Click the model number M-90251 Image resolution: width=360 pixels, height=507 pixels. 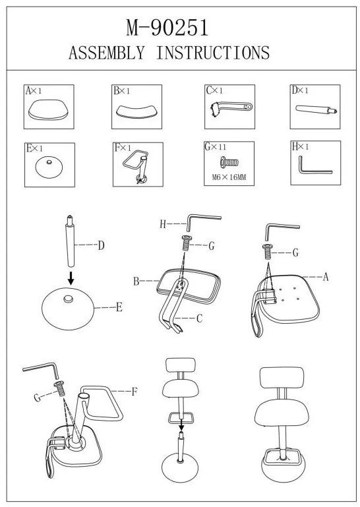pos(167,28)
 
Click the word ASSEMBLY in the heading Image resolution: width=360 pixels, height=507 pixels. pos(107,53)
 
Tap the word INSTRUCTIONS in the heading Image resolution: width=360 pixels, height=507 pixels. pos(213,53)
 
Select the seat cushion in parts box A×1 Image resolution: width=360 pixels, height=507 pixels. pos(49,109)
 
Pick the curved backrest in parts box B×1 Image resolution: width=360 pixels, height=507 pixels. pos(136,111)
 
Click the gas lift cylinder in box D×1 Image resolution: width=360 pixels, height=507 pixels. pos(316,109)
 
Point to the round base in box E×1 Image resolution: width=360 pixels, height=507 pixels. pos(49,167)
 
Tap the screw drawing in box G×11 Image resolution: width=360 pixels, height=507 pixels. pos(229,162)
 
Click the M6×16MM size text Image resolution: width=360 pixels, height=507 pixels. pos(229,177)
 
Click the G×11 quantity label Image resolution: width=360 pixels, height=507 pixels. pos(216,147)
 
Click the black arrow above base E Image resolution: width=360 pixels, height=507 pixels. pos(71,278)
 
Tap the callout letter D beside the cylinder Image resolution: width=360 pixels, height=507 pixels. pos(102,246)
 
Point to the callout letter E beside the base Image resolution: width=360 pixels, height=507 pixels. pos(119,307)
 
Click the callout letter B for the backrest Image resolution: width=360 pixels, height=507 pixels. pos(136,282)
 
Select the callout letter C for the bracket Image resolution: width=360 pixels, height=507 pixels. pos(199,318)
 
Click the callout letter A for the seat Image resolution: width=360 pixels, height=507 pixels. pos(326,277)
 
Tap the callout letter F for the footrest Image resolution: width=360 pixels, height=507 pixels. pos(135,392)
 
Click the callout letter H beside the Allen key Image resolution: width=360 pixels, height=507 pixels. pos(163,224)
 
